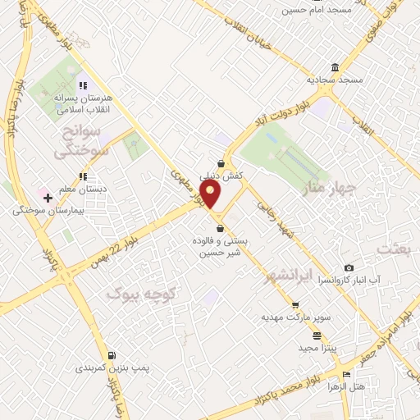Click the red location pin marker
coord(212,194)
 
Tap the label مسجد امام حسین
coord(317,9)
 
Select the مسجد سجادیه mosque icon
coord(335,67)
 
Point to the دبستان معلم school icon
coord(82,176)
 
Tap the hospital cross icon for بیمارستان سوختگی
coord(48,198)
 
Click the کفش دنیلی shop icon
coord(221,163)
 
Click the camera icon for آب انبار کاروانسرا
coord(349,268)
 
